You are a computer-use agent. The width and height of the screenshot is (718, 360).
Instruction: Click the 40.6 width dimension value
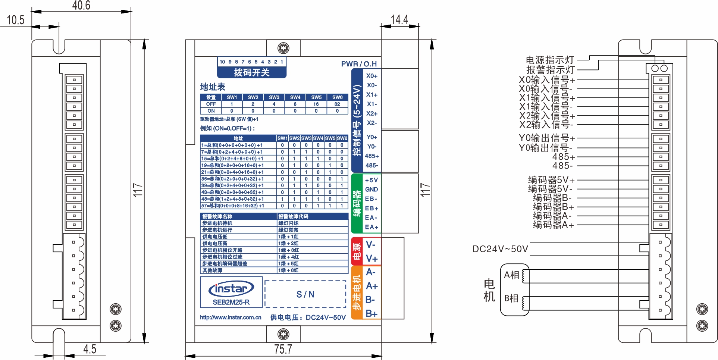[x=81, y=5]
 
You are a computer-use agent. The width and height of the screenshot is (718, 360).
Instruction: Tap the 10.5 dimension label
[x=15, y=20]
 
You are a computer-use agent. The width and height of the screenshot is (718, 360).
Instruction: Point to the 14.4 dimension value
[x=399, y=19]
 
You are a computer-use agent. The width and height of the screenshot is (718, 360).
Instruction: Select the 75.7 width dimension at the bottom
[x=283, y=349]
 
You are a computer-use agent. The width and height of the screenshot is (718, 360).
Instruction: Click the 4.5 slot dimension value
[x=90, y=349]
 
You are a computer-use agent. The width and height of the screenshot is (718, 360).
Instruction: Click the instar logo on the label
[x=231, y=289]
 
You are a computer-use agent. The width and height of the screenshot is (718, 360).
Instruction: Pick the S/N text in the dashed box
[x=305, y=294]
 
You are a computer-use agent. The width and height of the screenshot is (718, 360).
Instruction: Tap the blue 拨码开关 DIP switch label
[x=252, y=72]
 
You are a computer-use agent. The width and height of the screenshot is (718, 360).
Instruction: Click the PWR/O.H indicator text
[x=359, y=64]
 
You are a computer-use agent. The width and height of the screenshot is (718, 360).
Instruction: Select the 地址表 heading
[x=213, y=87]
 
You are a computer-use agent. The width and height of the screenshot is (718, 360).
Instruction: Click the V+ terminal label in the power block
[x=371, y=259]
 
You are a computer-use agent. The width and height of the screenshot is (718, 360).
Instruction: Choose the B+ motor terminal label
[x=371, y=314]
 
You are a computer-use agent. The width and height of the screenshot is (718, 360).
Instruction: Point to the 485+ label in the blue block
[x=371, y=156]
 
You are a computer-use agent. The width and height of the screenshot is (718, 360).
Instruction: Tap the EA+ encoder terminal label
[x=371, y=227]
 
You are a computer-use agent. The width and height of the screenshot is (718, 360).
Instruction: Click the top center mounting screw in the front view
[x=283, y=48]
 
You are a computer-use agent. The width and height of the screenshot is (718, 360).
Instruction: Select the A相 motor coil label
[x=511, y=275]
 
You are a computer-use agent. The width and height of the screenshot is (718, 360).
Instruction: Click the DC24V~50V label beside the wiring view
[x=500, y=249]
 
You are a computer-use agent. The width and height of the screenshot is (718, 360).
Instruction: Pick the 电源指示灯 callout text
[x=550, y=60]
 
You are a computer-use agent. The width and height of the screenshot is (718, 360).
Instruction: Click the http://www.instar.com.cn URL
[x=231, y=317]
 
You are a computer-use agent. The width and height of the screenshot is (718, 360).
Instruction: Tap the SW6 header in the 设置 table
[x=337, y=97]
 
